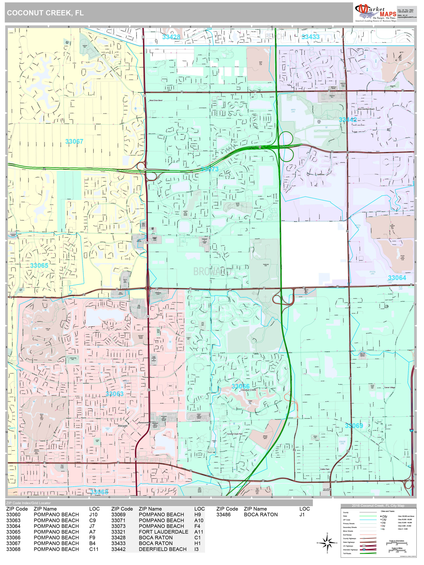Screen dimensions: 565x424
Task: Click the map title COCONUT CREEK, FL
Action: click(45, 13)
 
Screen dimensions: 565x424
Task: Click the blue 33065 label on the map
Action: click(39, 265)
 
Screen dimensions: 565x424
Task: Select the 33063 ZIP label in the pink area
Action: click(115, 394)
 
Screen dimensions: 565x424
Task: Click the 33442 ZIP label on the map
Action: click(348, 120)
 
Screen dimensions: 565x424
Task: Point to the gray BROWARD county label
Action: click(212, 272)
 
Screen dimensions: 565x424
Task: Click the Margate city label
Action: click(123, 426)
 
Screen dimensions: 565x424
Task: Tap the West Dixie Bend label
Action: click(156, 100)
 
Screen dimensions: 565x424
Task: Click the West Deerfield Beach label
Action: click(366, 109)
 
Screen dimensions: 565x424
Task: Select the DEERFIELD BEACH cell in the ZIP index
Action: click(163, 549)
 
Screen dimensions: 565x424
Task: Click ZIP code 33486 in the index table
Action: click(223, 514)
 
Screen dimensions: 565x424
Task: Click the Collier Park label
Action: click(325, 469)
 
